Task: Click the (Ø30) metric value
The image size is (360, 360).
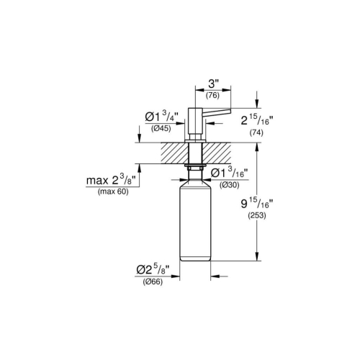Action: [229, 185]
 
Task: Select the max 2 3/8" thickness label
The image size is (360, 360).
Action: [113, 181]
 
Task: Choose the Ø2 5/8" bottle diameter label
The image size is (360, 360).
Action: [152, 270]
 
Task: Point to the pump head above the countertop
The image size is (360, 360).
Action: [194, 119]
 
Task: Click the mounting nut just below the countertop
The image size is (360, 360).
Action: [194, 166]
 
